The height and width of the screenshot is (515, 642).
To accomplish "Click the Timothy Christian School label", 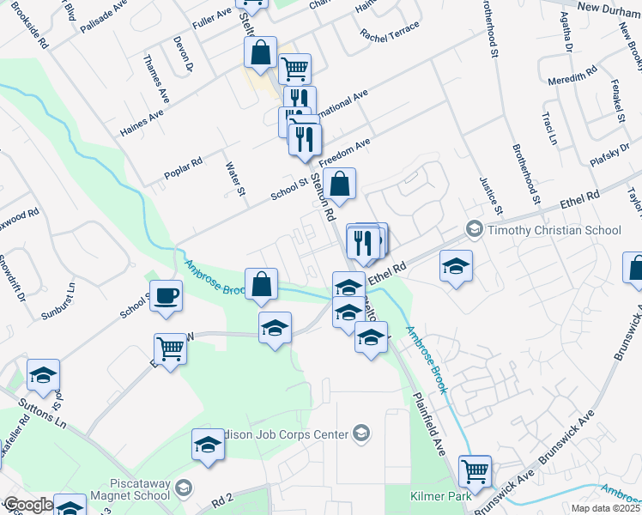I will (554, 230).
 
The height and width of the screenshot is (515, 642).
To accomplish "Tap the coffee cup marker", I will (166, 296).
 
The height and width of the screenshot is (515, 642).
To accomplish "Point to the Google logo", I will (27, 505).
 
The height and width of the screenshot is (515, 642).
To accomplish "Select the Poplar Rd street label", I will (184, 172).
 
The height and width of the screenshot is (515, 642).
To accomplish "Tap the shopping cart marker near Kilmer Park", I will (474, 471).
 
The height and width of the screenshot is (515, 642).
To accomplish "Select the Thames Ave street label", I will (155, 75).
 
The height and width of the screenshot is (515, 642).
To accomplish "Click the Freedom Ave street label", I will (343, 152).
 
